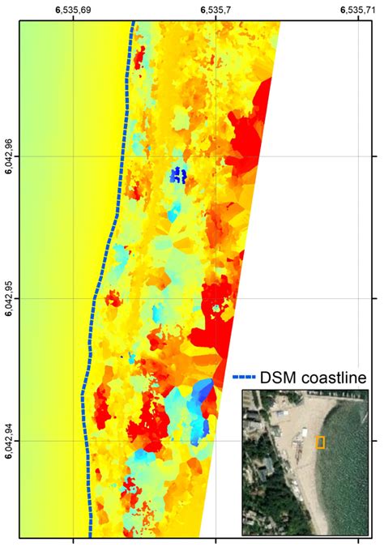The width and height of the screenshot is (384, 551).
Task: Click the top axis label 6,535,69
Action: pos(73,10)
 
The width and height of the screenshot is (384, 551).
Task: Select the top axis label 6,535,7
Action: pos(215,10)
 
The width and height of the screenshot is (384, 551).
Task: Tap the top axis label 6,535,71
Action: pos(356,10)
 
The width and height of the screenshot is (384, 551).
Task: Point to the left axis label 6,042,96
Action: pos(9,156)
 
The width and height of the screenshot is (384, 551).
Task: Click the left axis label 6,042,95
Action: pos(9,299)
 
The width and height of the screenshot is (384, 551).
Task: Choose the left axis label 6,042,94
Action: pos(9,442)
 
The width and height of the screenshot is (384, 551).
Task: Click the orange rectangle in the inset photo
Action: pos(320,442)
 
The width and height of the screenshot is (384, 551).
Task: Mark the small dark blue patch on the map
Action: pos(177,175)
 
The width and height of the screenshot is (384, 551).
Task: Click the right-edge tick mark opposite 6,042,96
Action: pos(374,156)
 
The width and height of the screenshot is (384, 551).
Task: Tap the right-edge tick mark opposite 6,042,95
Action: pos(374,299)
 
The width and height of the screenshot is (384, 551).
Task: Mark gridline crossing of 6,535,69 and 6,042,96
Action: pos(74,156)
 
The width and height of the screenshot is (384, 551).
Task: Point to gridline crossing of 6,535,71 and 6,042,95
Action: pos(356,299)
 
